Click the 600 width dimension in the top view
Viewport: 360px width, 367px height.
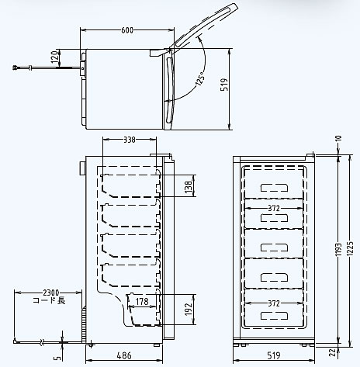(x=127, y=30)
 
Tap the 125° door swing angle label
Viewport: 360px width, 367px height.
(x=200, y=78)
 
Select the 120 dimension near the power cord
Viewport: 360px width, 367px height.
(x=54, y=57)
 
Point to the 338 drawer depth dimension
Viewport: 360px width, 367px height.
(x=130, y=140)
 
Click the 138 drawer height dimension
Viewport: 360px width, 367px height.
(x=189, y=186)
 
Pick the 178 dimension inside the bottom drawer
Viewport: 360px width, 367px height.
(x=142, y=302)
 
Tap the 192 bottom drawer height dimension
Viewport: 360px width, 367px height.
(x=189, y=309)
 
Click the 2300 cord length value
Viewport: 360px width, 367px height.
(x=51, y=293)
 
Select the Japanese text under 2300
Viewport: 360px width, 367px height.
(x=49, y=300)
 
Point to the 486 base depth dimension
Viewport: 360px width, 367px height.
(x=124, y=355)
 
